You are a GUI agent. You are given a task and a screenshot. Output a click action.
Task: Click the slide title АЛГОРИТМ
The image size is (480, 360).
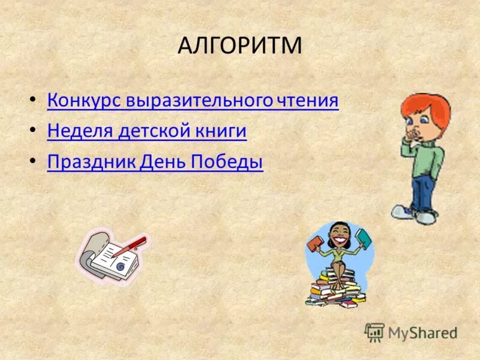pyautogui.click(x=239, y=46)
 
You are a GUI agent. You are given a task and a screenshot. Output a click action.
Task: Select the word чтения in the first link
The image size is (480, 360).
pyautogui.click(x=308, y=100)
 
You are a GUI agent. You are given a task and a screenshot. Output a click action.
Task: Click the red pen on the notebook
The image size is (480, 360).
pyautogui.click(x=134, y=245)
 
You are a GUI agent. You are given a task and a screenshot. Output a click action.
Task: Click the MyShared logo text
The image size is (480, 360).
pyautogui.click(x=422, y=332)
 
